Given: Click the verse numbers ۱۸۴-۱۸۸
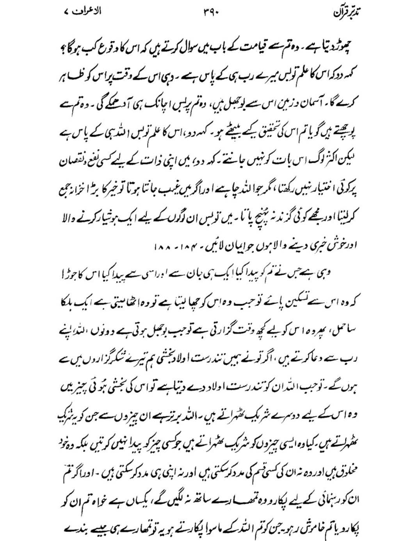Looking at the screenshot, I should pyautogui.click(x=173, y=247).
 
